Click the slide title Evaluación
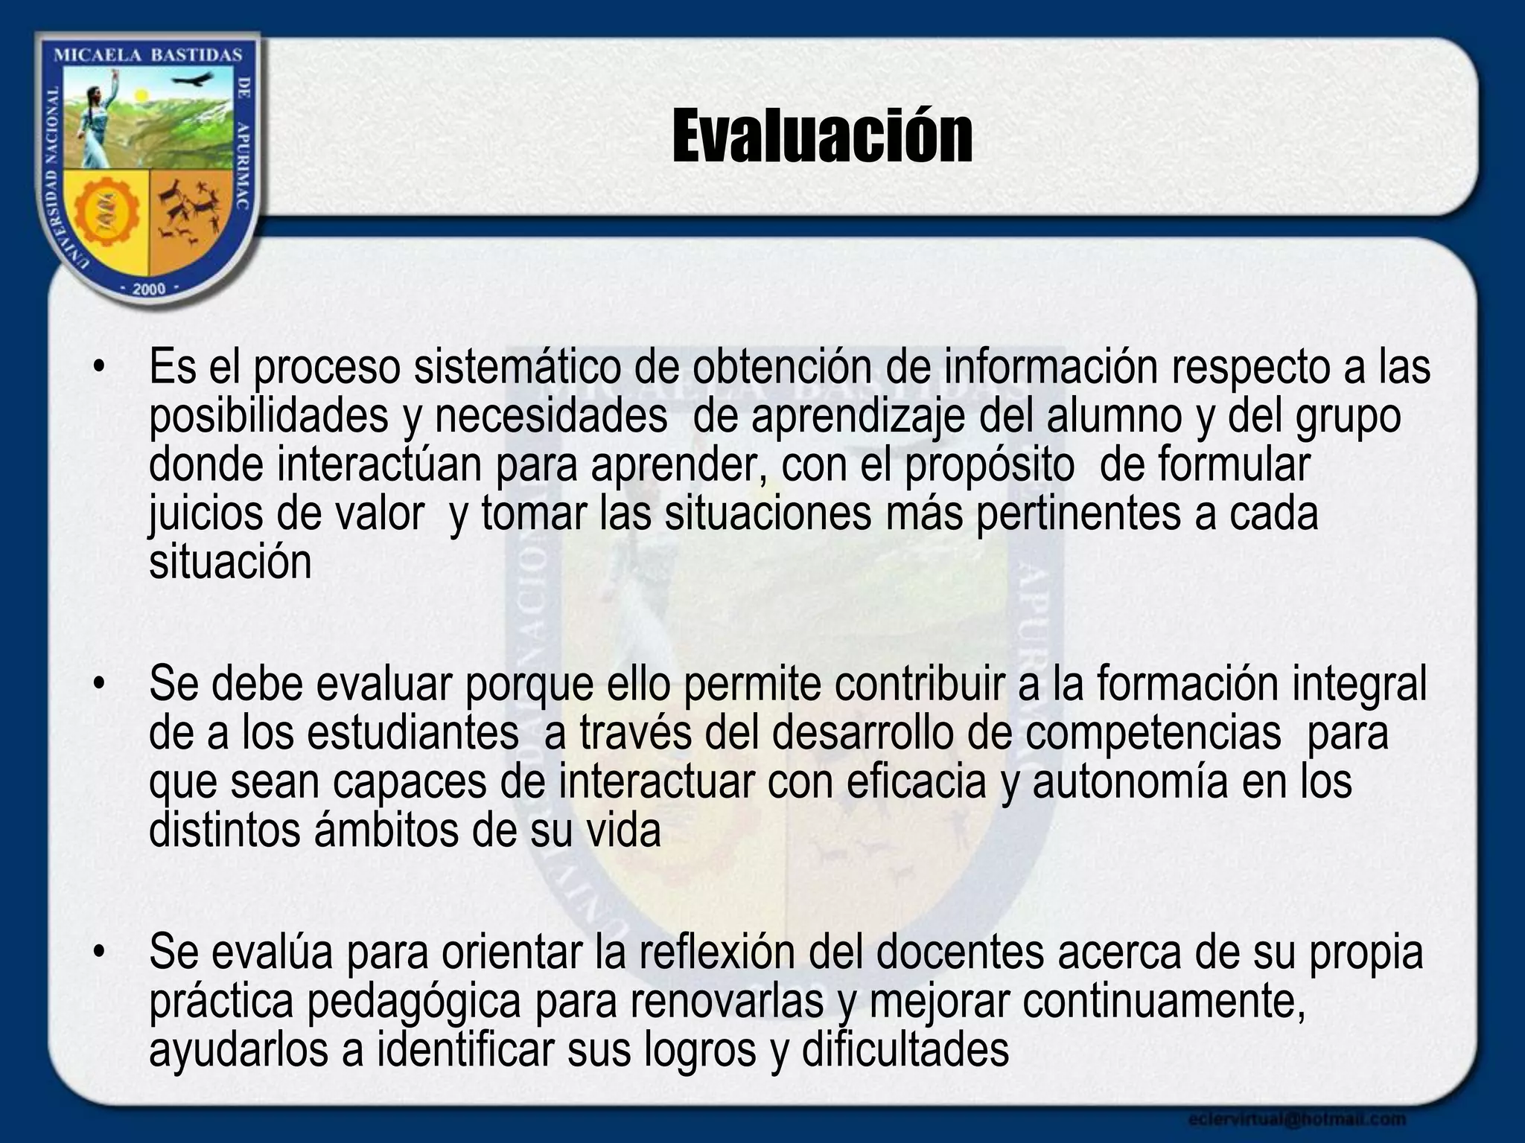click(x=822, y=136)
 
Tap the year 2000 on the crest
click(x=149, y=289)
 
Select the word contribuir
click(x=919, y=684)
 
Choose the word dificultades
click(x=905, y=1050)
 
